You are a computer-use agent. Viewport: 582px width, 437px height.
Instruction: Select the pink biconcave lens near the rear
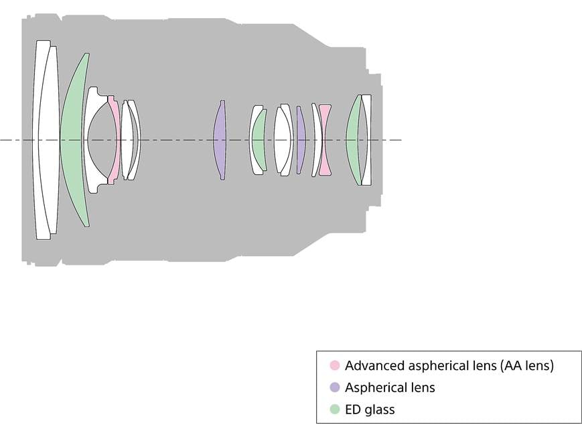(325, 139)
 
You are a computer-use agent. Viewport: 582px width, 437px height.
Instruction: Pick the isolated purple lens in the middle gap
(220, 139)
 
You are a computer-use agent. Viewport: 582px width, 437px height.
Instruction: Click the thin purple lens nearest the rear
(301, 139)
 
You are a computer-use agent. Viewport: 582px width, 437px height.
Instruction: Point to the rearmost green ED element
(354, 139)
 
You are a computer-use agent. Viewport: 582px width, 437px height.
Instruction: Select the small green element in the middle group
(260, 139)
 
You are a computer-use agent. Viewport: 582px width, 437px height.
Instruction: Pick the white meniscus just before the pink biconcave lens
(317, 139)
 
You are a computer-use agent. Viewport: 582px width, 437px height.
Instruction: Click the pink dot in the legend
(335, 366)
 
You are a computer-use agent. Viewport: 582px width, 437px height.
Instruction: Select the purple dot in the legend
(335, 387)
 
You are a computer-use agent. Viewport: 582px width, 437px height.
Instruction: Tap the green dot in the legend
(335, 410)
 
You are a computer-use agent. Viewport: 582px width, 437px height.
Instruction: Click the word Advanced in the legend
(375, 366)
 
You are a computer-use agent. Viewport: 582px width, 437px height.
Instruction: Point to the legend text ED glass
(370, 410)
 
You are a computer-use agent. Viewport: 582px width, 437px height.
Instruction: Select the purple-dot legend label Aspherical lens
(390, 387)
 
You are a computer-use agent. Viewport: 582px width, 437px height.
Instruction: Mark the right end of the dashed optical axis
(402, 140)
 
